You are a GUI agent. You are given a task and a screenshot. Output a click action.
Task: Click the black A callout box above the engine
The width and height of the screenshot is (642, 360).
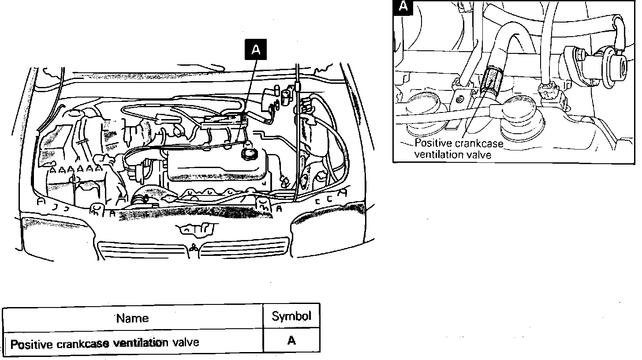click(256, 50)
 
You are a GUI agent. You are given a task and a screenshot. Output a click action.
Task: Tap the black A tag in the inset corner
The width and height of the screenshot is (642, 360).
click(403, 7)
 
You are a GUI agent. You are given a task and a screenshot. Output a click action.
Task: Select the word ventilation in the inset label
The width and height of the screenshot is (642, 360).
click(439, 154)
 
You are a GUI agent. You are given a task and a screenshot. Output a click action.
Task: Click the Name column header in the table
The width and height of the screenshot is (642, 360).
click(133, 318)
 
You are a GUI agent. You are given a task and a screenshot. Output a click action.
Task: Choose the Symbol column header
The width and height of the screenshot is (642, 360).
click(291, 316)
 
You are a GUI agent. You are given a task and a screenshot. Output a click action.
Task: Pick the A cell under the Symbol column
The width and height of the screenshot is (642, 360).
click(291, 341)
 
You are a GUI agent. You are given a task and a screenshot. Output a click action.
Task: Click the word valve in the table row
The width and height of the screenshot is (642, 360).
click(185, 342)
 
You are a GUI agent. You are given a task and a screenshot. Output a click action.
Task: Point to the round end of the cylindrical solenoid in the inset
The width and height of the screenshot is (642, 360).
click(621, 67)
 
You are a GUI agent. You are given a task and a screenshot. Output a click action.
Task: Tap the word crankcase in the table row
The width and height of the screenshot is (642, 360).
click(83, 343)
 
